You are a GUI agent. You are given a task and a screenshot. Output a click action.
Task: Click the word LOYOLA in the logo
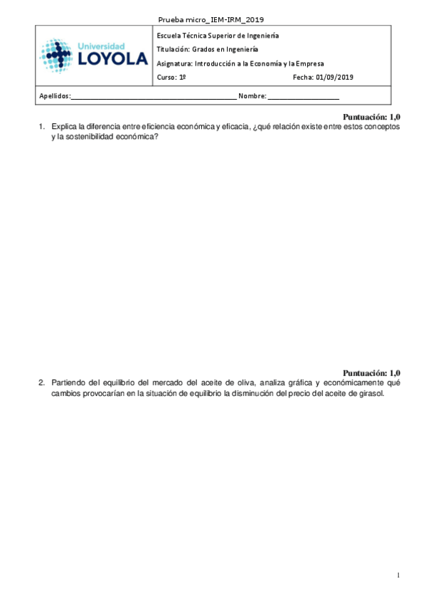coord(113,60)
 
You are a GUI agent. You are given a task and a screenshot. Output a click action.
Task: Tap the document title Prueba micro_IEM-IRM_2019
coord(213,19)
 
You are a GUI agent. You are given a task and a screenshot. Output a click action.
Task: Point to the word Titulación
coord(173,49)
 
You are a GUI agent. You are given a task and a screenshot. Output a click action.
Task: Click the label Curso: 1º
coord(171,77)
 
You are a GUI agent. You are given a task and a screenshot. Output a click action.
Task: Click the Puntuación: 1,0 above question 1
coord(372,117)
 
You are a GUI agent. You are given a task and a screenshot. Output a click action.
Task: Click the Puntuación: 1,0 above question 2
coord(372,373)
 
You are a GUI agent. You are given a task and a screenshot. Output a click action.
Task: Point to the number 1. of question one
coord(42,127)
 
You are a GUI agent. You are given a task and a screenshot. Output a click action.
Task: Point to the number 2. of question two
coord(42,382)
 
